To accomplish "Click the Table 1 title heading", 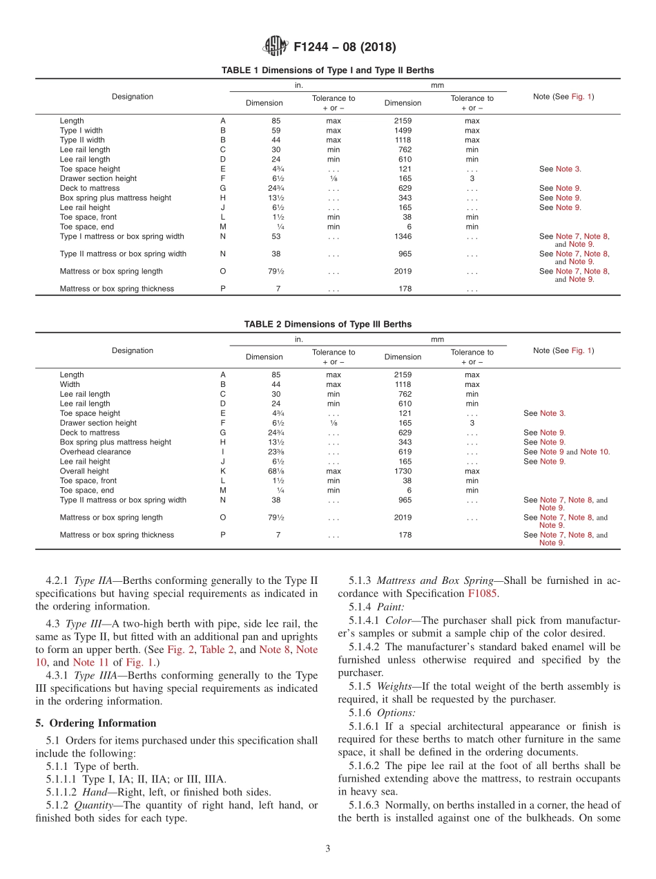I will (327, 70).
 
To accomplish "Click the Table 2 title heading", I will (327, 324).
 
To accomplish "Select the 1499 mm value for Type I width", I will (403, 131).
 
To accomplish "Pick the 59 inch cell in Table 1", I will (276, 131).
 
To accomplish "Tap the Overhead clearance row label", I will (95, 452).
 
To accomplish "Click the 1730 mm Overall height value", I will (403, 471).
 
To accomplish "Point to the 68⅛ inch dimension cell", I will (277, 471).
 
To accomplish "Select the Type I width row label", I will (81, 131).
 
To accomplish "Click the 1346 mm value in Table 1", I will (403, 236).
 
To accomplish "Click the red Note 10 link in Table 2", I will (595, 452).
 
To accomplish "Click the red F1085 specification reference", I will (483, 594).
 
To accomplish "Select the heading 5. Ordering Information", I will (96, 723).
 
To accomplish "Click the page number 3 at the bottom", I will (328, 849).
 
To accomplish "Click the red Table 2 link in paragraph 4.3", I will (217, 650).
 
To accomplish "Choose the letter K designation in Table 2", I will (222, 471).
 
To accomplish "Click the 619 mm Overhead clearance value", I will (403, 452).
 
